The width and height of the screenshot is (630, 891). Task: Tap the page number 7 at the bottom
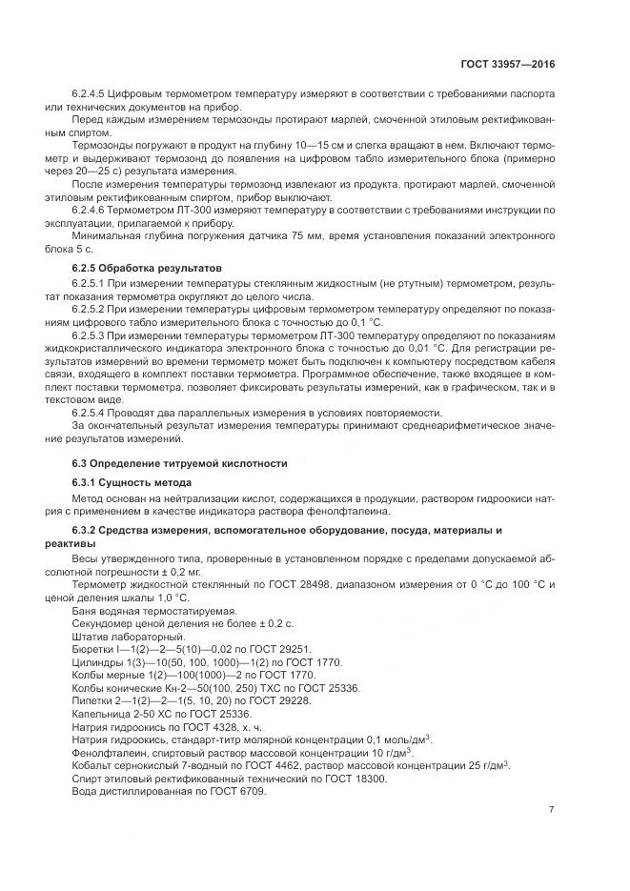(551, 809)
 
